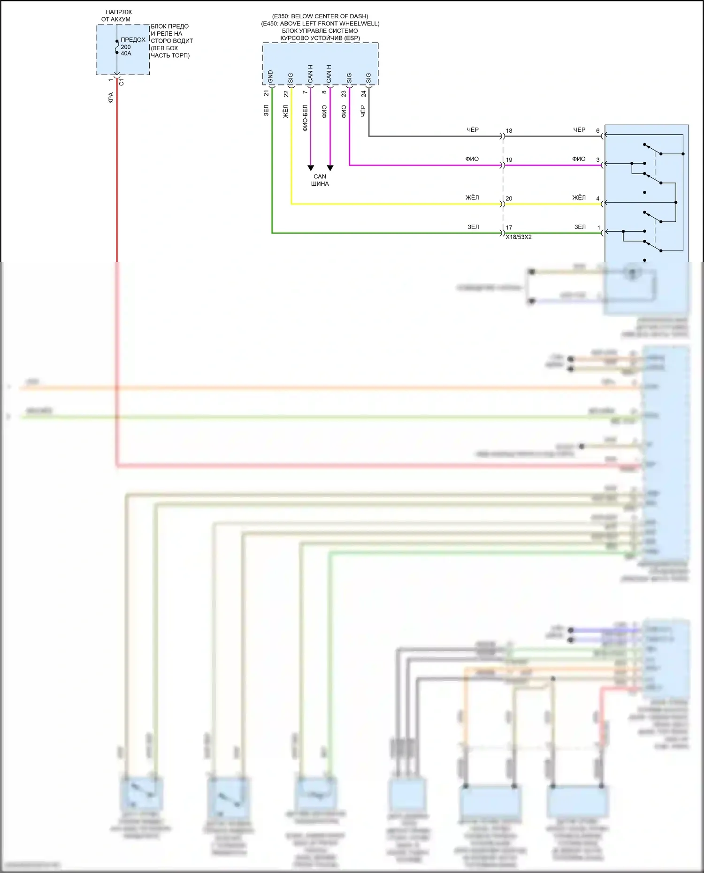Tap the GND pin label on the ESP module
click(x=270, y=76)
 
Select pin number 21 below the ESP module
click(x=267, y=94)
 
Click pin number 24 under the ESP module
click(x=363, y=94)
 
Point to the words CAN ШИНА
click(x=320, y=180)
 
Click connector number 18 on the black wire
click(x=509, y=131)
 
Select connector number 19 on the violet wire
click(x=509, y=160)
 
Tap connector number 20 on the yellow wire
click(x=509, y=198)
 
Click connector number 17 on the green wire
click(x=509, y=228)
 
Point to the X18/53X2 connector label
click(x=519, y=237)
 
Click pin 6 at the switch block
click(x=597, y=131)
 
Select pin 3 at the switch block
click(x=597, y=160)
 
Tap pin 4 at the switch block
click(x=597, y=198)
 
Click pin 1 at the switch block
click(x=598, y=228)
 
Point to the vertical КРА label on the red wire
click(x=111, y=98)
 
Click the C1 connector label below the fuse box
click(x=122, y=82)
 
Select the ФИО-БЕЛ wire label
click(x=305, y=118)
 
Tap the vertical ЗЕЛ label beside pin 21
click(x=266, y=111)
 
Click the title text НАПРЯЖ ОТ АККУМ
click(x=117, y=15)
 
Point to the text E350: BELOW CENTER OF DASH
click(x=320, y=16)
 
